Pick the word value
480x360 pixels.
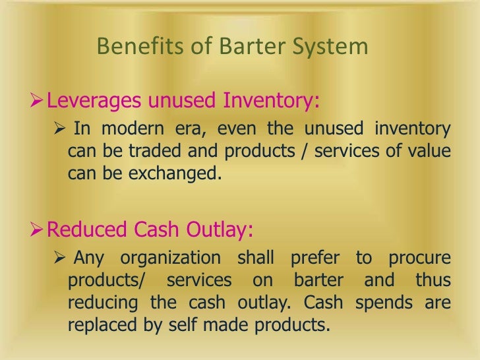pos(431,152)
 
